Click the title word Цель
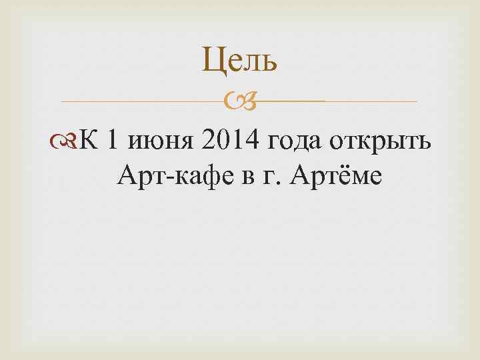tap(239, 62)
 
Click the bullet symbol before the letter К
tap(69, 142)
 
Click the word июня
tap(161, 143)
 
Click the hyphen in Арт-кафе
tap(160, 177)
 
